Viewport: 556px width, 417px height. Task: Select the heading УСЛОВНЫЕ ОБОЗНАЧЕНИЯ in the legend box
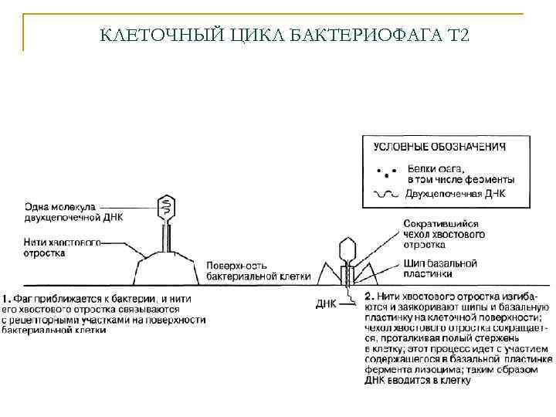pyautogui.click(x=439, y=146)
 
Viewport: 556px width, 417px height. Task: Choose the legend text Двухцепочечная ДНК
pyautogui.click(x=456, y=195)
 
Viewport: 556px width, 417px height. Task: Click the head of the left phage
pyautogui.click(x=167, y=205)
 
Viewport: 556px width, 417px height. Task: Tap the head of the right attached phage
pyautogui.click(x=347, y=249)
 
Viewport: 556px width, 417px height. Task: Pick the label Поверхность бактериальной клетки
pyautogui.click(x=258, y=270)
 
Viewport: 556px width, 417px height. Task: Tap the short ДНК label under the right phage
pyautogui.click(x=326, y=303)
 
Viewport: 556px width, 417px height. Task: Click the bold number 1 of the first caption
pyautogui.click(x=5, y=297)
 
